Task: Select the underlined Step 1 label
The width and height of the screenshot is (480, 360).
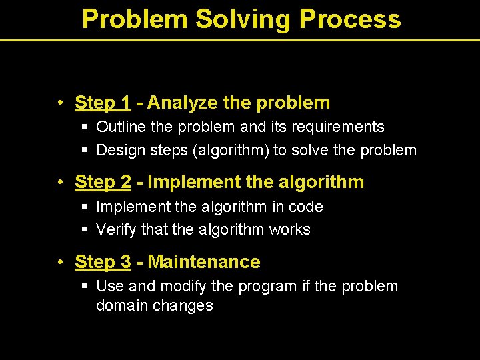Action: click(103, 103)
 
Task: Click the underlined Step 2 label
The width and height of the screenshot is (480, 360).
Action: click(103, 182)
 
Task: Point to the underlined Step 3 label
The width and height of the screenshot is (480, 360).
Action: click(103, 262)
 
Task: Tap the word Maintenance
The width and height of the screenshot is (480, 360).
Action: click(204, 262)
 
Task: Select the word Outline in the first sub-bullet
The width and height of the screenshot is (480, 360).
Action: click(119, 127)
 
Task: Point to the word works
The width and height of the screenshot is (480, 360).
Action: click(289, 230)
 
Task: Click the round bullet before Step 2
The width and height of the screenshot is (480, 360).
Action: click(60, 183)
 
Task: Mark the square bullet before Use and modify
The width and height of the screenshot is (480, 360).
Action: click(85, 287)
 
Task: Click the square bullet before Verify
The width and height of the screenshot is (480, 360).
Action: click(85, 230)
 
